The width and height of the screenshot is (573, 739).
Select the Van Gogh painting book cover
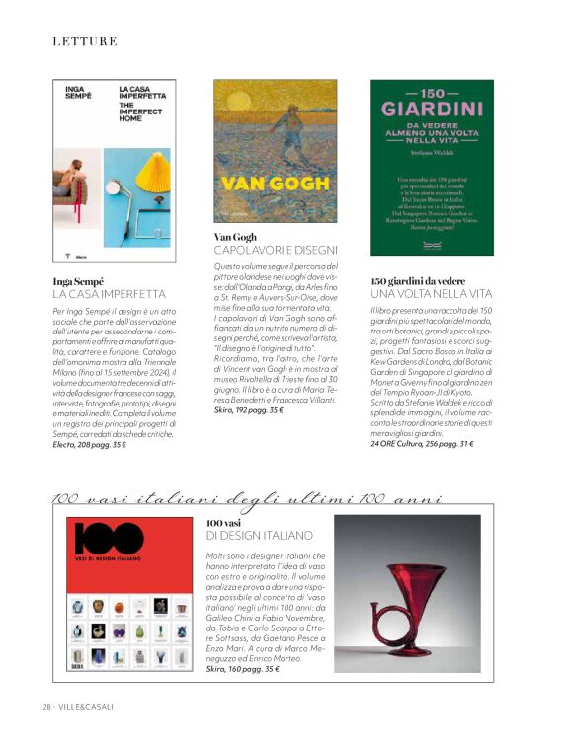[x=275, y=150]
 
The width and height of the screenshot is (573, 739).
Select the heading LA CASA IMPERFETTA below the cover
[x=110, y=294]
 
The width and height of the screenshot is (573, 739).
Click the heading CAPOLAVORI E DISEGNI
[x=276, y=250]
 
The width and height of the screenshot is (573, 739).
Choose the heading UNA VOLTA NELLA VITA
[x=431, y=294]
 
